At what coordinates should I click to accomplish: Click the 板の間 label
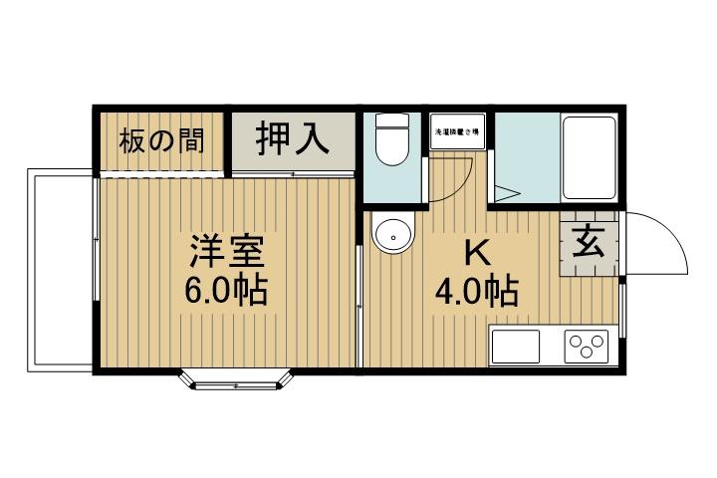point(162,140)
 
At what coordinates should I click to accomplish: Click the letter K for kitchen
point(476,254)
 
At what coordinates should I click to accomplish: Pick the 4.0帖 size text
point(476,292)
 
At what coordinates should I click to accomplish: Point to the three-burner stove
point(588,348)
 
